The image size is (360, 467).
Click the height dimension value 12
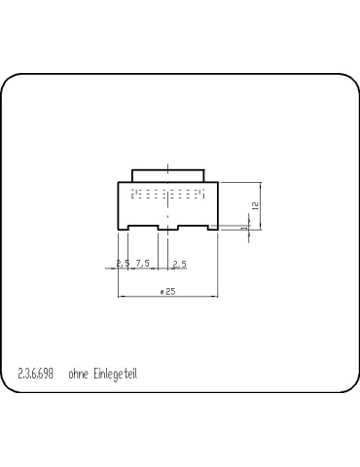coord(254,205)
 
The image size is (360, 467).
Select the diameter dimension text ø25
coord(167,291)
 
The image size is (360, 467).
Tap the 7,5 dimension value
coord(142,263)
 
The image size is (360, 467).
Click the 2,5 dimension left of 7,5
coord(123,263)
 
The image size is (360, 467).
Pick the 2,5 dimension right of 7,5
coord(179,263)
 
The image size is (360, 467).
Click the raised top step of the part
coord(167,174)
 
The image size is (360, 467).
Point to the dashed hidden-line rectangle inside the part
coord(167,195)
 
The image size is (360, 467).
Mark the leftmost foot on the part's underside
coord(123,229)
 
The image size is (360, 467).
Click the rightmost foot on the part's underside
coord(211,229)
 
